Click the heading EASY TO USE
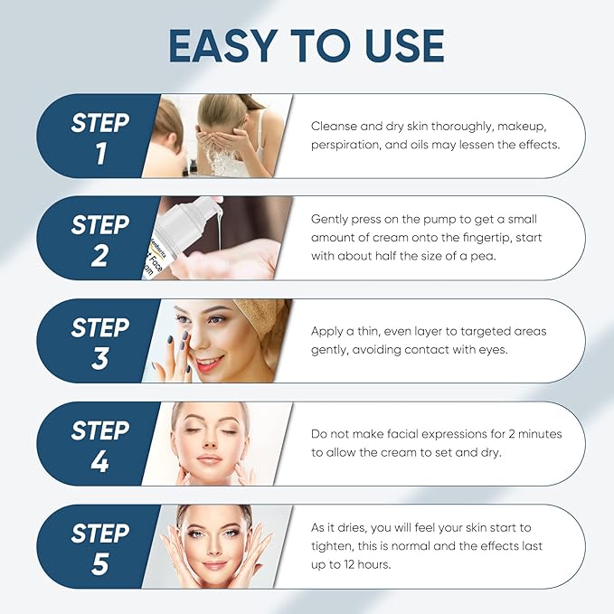coord(307,46)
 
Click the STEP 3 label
coord(99,341)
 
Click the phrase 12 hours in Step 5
coord(371,565)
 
